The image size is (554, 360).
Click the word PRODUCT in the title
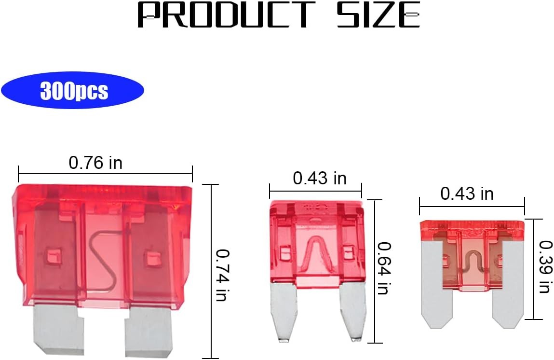tap(226, 14)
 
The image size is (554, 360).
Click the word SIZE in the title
tap(378, 14)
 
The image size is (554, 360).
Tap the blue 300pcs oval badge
tap(73, 91)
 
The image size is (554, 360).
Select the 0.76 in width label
tap(95, 163)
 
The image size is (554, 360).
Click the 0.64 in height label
tap(384, 268)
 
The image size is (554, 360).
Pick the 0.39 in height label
tap(545, 267)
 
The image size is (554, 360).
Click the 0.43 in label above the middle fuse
tap(320, 178)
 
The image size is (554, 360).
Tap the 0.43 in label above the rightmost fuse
tap(467, 194)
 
